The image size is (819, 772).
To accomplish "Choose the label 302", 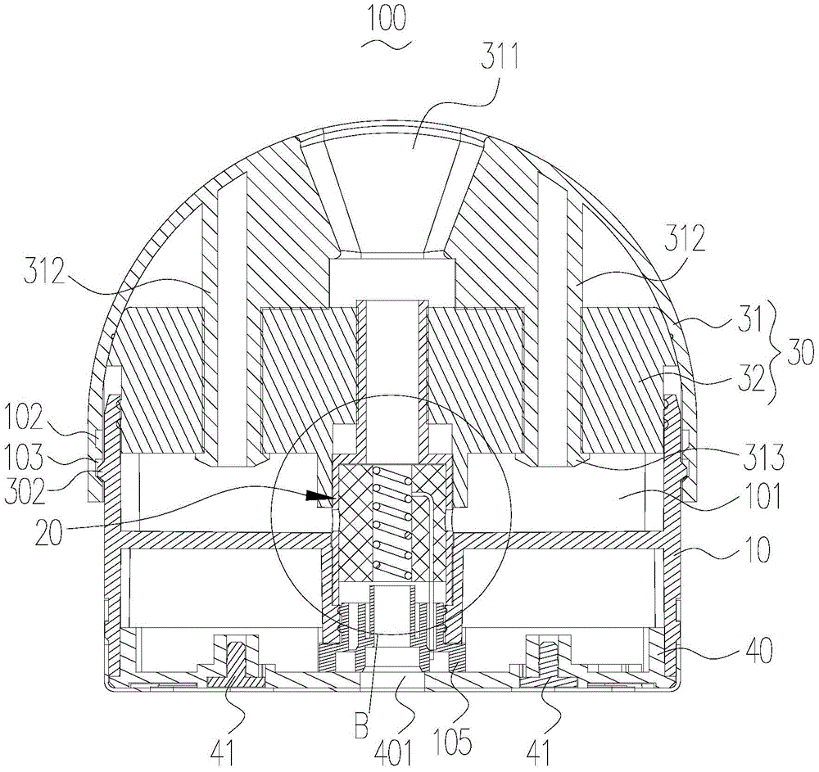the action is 24,490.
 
